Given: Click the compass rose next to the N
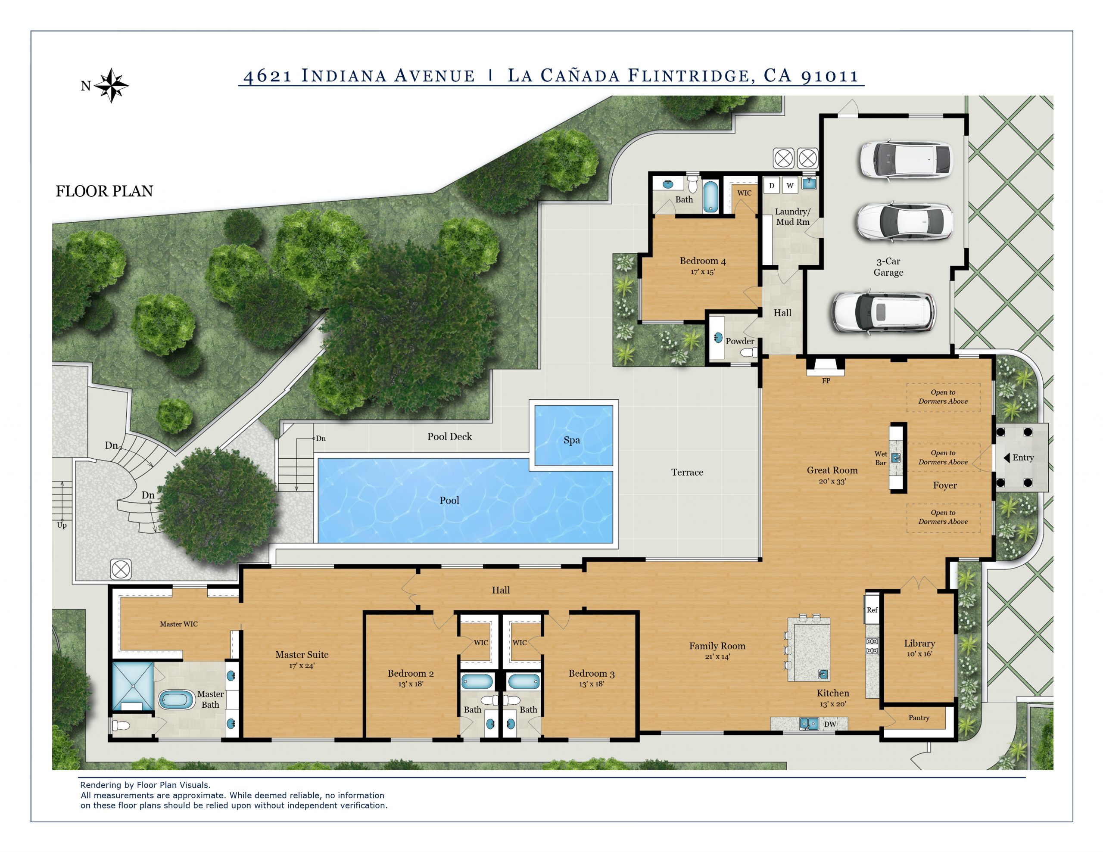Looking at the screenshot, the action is pyautogui.click(x=111, y=85).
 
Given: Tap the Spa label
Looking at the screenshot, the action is pyautogui.click(x=571, y=440).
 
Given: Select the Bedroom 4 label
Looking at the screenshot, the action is pyautogui.click(x=702, y=261).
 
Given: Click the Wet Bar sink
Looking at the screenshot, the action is pyautogui.click(x=895, y=457).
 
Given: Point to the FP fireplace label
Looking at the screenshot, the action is pyautogui.click(x=826, y=381).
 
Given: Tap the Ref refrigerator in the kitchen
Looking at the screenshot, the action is pyautogui.click(x=872, y=609).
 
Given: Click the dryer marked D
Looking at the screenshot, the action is pyautogui.click(x=771, y=185).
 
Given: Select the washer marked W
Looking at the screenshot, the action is pyautogui.click(x=790, y=185).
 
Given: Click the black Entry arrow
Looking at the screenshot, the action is pyautogui.click(x=1006, y=457).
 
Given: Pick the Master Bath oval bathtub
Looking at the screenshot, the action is pyautogui.click(x=176, y=700).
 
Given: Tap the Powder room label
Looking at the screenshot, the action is pyautogui.click(x=739, y=341).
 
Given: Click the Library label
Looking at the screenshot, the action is pyautogui.click(x=919, y=643).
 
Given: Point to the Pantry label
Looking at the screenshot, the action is pyautogui.click(x=919, y=718).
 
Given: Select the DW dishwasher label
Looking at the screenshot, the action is pyautogui.click(x=830, y=724).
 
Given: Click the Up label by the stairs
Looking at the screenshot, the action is pyautogui.click(x=62, y=525).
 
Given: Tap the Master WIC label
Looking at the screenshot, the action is pyautogui.click(x=179, y=624).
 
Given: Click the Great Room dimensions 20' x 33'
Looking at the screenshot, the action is pyautogui.click(x=832, y=481).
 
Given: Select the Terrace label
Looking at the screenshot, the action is pyautogui.click(x=687, y=472).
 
